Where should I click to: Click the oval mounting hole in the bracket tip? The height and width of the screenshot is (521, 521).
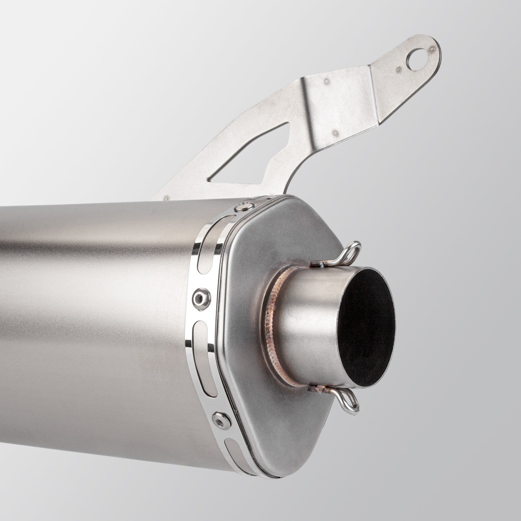[416, 59]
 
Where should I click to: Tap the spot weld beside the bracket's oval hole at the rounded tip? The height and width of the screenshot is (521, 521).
[432, 50]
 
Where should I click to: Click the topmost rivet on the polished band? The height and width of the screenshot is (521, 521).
[244, 207]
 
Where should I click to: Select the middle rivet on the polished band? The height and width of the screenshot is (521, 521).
[201, 298]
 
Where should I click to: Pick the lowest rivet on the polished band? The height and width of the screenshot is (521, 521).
[221, 420]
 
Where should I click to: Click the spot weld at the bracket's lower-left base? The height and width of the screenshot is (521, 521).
[166, 197]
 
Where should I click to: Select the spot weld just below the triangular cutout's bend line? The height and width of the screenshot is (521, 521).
[336, 133]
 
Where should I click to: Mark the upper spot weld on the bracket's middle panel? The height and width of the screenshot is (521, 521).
[327, 81]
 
